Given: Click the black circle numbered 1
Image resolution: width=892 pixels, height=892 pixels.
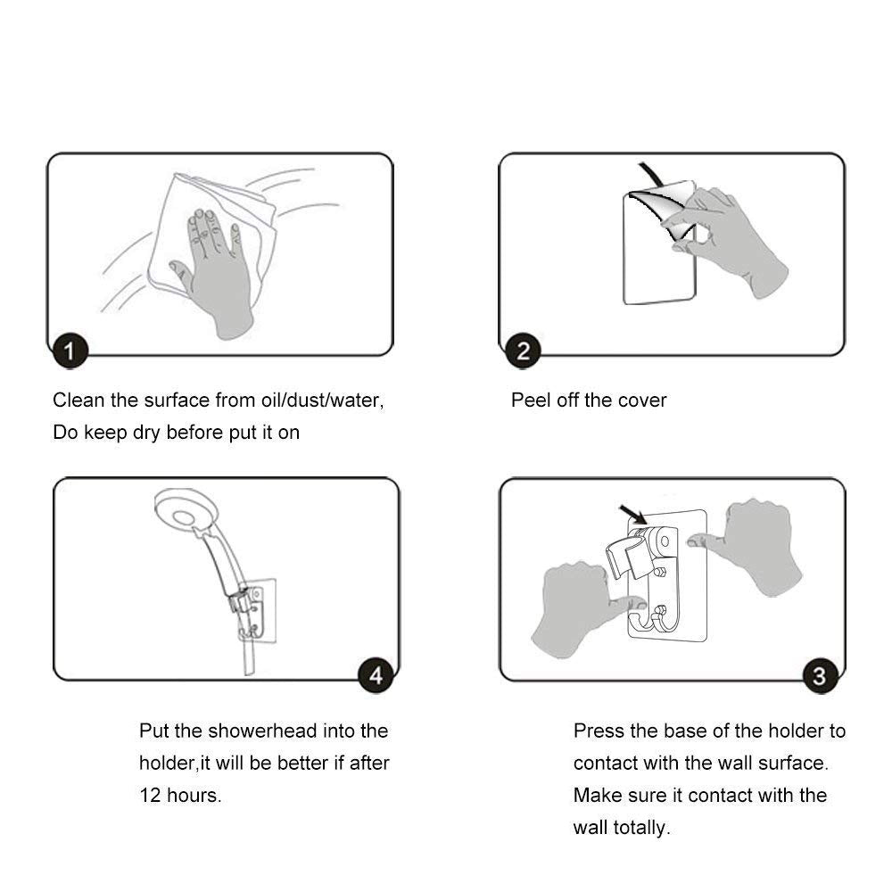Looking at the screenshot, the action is tap(70, 351).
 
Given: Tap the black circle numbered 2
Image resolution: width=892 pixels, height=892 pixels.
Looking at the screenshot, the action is tap(523, 351).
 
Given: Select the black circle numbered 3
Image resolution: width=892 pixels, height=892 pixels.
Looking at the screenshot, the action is tap(820, 676).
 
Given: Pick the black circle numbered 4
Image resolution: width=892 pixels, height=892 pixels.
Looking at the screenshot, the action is tap(376, 676).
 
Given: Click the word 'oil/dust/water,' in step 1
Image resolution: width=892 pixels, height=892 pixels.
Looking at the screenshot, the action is tap(323, 401).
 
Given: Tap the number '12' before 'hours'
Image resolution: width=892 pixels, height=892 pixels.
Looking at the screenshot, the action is tap(150, 796).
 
